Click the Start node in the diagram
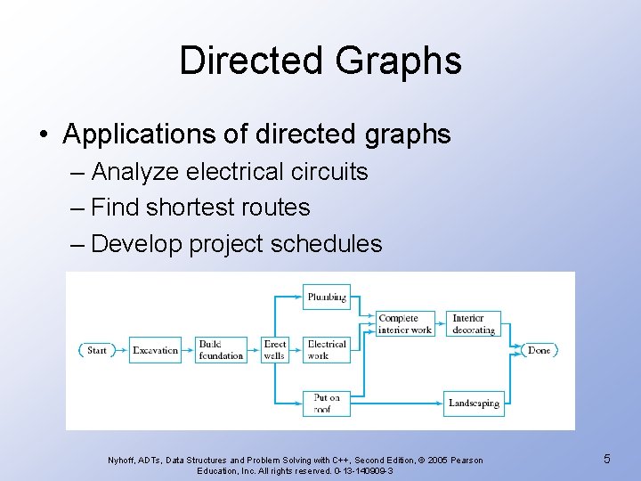pyautogui.click(x=96, y=350)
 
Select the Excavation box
pyautogui.click(x=155, y=350)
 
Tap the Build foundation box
pyautogui.click(x=221, y=350)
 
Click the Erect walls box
pyautogui.click(x=275, y=350)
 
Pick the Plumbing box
pyautogui.click(x=326, y=297)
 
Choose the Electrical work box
pyautogui.click(x=326, y=350)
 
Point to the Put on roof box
pyautogui.click(x=326, y=404)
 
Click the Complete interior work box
pyautogui.click(x=405, y=323)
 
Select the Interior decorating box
pyautogui.click(x=474, y=323)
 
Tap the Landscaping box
pyautogui.click(x=474, y=404)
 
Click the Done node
pyautogui.click(x=539, y=350)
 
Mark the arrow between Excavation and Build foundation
pyautogui.click(x=188, y=350)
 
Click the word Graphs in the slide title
pyautogui.click(x=399, y=61)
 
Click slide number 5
pyautogui.click(x=606, y=459)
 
